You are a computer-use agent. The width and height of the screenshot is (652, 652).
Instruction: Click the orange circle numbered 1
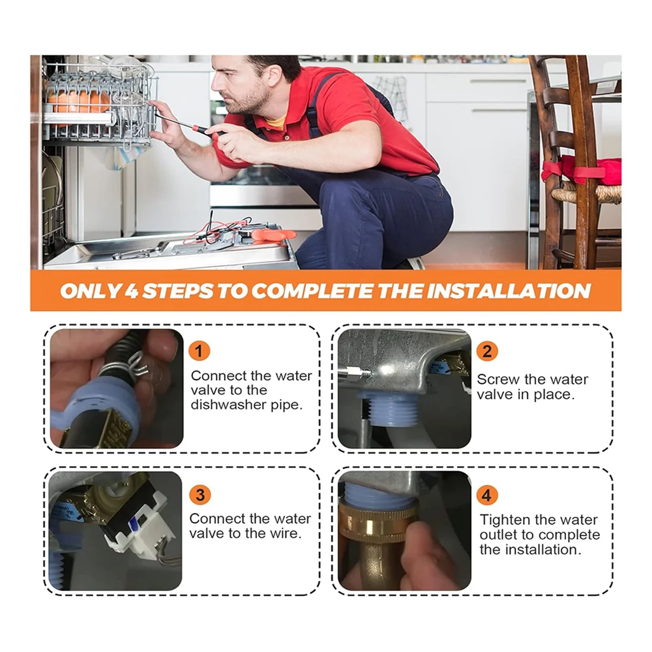point(199,350)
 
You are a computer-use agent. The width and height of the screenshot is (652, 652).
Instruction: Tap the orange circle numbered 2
point(487,351)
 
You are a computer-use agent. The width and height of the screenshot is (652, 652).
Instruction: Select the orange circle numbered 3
point(200,494)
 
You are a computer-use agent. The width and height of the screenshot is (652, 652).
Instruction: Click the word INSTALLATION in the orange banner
point(509,291)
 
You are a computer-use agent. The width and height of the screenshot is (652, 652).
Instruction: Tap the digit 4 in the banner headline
point(131,291)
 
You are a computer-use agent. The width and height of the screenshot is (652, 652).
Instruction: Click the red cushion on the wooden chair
point(582,171)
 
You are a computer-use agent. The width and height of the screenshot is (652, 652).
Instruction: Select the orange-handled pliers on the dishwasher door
point(272,235)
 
